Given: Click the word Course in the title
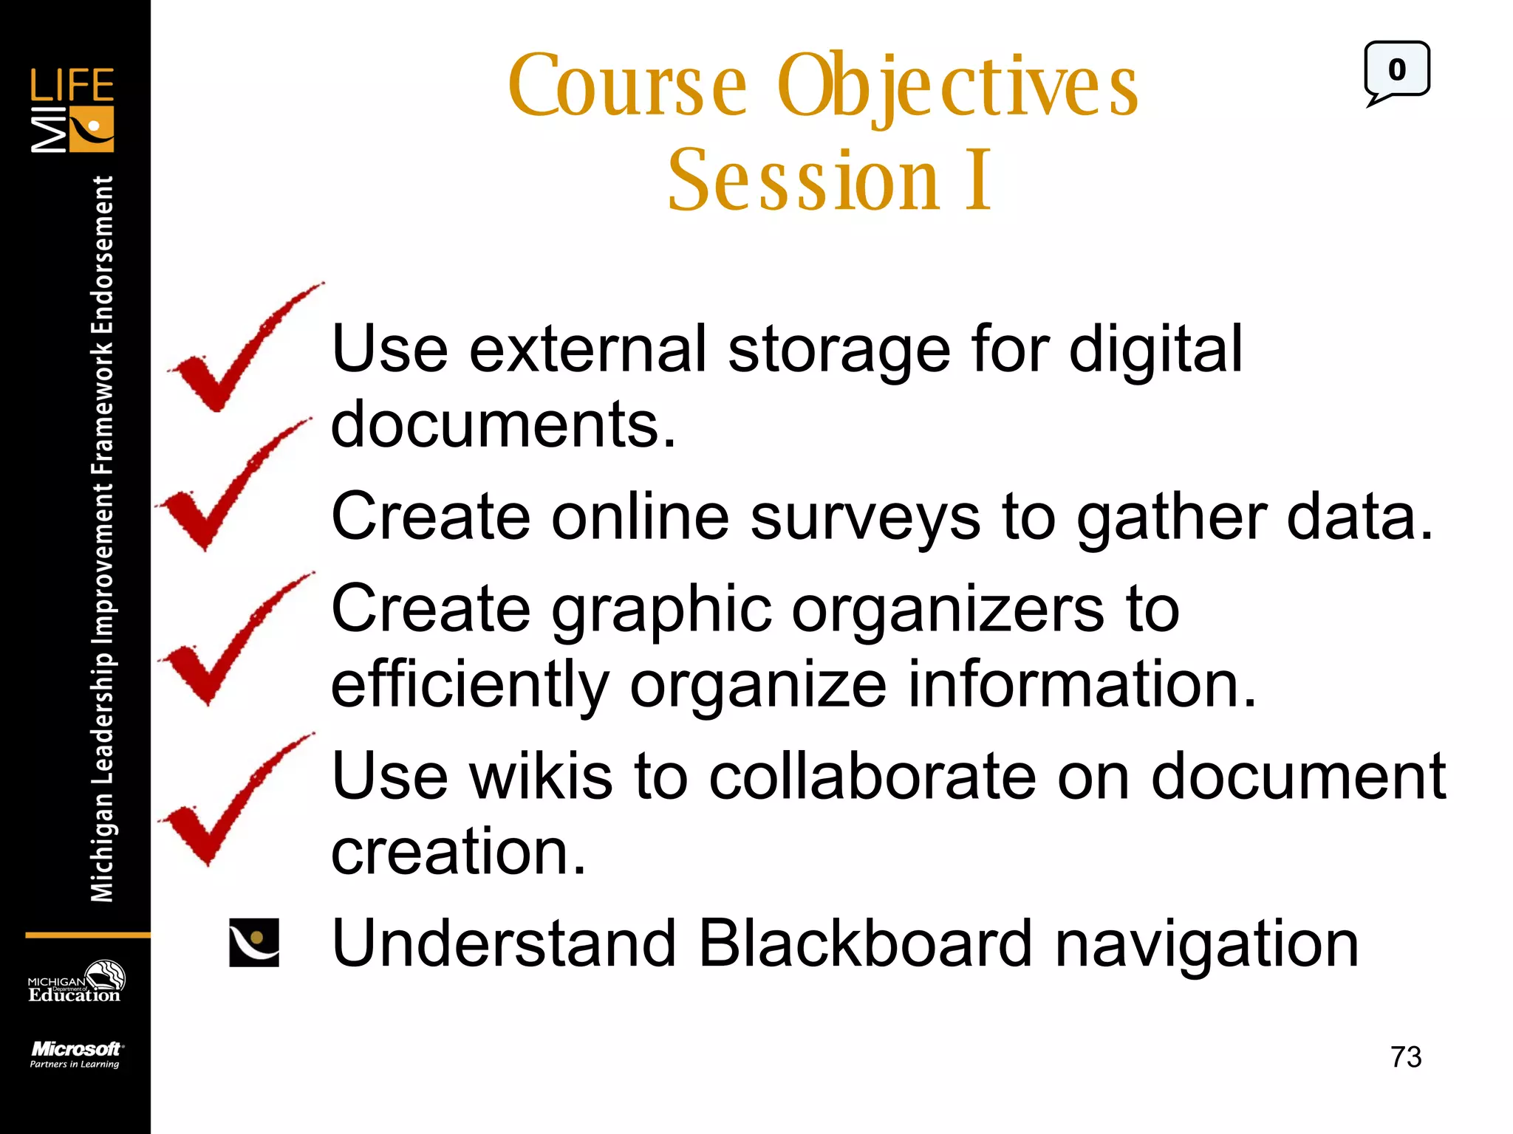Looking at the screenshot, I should pos(628,87).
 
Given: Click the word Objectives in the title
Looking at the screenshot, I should pos(957,87).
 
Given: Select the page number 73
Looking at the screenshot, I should pos(1405,1056).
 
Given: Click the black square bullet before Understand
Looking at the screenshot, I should pos(254,943).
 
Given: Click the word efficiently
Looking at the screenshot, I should pos(470,685).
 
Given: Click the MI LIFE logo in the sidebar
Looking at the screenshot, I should pos(72,111).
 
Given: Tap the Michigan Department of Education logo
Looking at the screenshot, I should pos(75,983).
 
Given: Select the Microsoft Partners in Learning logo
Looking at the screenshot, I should pos(75,1054).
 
